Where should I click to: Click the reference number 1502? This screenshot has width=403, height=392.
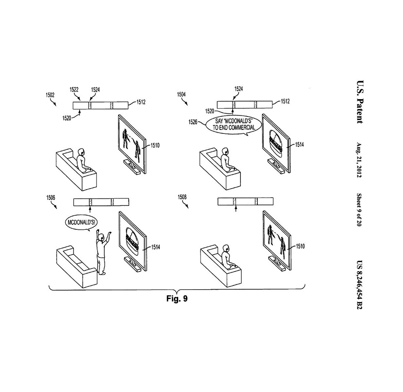[x=50, y=95]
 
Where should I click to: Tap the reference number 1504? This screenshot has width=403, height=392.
[x=181, y=94]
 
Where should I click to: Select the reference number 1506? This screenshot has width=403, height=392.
[x=51, y=197]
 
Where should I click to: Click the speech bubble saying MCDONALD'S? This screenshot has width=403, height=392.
[x=80, y=222]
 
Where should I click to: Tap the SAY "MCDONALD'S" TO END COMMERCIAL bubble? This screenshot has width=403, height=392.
[x=233, y=124]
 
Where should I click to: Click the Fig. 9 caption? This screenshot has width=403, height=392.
[x=177, y=299]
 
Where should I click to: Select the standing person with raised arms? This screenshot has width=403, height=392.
[x=102, y=252]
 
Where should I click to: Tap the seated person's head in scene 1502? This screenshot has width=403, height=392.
[x=82, y=151]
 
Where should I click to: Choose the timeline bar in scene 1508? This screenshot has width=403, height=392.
[x=245, y=202]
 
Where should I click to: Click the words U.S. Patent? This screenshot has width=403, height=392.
[x=360, y=102]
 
